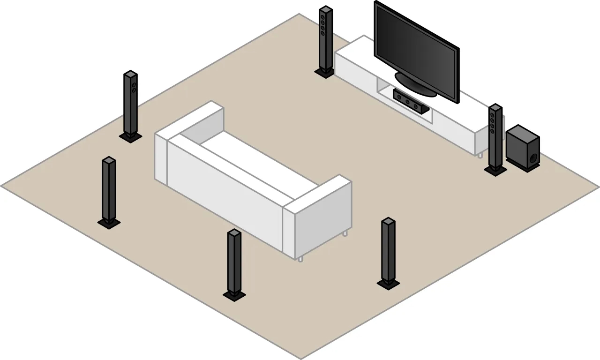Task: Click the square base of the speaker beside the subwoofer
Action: click(495, 171)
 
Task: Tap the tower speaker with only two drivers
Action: click(130, 103)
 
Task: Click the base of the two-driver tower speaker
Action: click(130, 137)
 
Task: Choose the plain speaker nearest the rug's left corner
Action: click(109, 190)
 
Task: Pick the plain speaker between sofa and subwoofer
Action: click(388, 251)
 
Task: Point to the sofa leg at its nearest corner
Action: click(300, 258)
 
